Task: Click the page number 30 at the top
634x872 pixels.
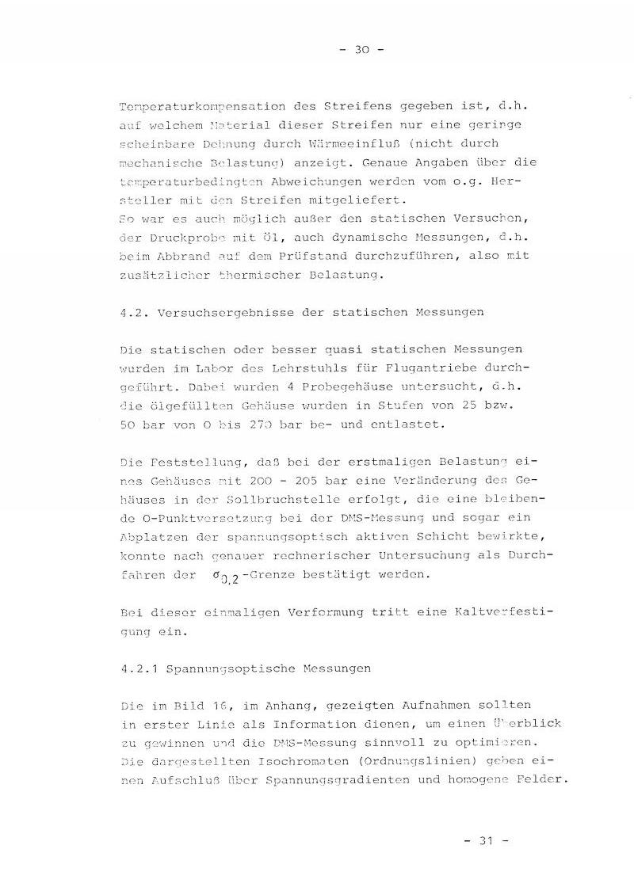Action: pyautogui.click(x=361, y=49)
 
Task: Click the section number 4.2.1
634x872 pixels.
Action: pyautogui.click(x=138, y=668)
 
